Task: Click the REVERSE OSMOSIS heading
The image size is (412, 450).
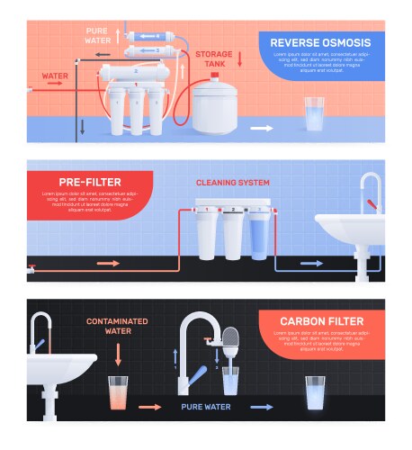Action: [x=320, y=42]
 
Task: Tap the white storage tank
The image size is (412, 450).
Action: [x=217, y=107]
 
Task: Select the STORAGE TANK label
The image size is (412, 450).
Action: [x=214, y=59]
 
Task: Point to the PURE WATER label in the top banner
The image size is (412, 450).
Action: [x=98, y=35]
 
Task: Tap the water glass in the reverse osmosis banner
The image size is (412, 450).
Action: [x=314, y=114]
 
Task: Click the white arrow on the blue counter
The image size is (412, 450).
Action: [x=261, y=129]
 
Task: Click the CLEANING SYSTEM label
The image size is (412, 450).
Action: [x=233, y=183]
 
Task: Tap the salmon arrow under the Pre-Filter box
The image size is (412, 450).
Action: [x=108, y=264]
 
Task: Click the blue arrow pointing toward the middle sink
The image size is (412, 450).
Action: [x=311, y=265]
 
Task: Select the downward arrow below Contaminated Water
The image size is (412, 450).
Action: [x=118, y=356]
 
